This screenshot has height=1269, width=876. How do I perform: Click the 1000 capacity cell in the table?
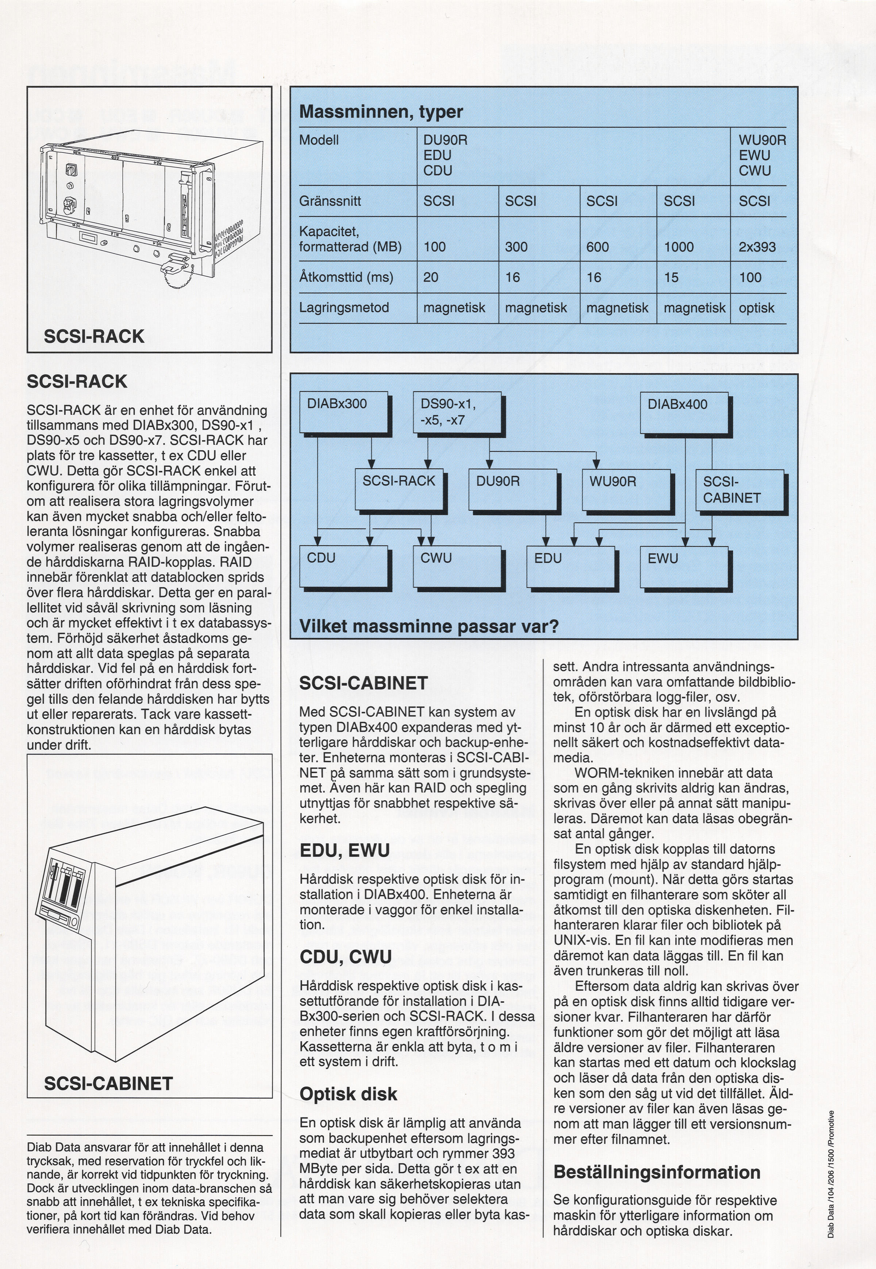coord(679,247)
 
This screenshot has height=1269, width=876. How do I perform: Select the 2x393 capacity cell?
coord(757,247)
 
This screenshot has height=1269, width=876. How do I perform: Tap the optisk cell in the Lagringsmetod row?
coord(756,308)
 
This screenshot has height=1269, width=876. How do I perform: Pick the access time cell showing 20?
coord(431,277)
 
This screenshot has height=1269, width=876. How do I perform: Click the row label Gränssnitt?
coord(330,201)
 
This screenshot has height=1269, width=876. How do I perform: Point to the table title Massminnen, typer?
coord(381,112)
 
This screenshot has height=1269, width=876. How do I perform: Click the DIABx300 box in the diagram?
coord(343,412)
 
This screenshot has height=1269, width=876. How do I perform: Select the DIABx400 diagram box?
coord(684,412)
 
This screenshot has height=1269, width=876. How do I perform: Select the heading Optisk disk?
coord(348,1093)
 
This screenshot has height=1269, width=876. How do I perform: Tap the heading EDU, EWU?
coord(345,850)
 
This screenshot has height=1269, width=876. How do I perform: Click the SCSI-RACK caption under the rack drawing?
coord(94,336)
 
